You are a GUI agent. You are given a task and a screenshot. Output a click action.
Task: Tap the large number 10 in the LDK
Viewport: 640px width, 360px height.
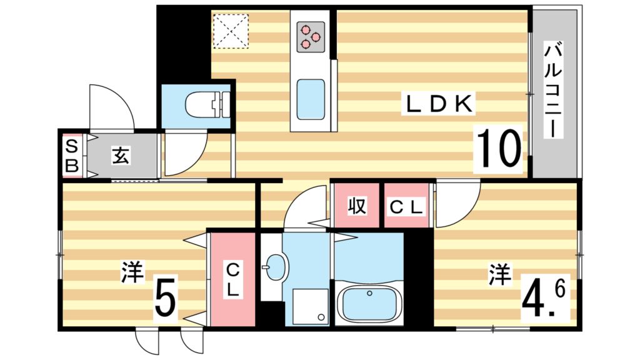point(499,149)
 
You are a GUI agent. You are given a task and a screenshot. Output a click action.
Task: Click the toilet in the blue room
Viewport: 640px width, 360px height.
point(206,104)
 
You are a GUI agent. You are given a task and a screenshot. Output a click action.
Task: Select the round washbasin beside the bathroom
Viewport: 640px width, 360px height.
point(274,269)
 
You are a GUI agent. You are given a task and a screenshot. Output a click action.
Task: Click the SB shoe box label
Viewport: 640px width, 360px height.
point(72,156)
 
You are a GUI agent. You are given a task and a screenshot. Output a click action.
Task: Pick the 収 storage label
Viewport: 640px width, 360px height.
point(356,206)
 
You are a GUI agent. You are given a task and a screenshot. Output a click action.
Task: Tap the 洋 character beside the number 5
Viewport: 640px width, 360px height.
point(132,273)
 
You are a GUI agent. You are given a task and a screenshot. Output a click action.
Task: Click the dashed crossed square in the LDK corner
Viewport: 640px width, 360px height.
point(230,31)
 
